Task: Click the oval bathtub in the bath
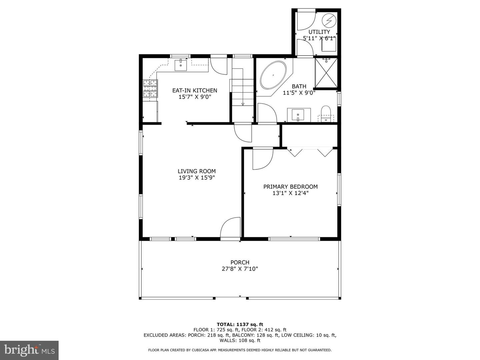pyautogui.click(x=273, y=75)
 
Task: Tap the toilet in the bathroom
pyautogui.click(x=326, y=113)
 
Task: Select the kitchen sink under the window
pyautogui.click(x=181, y=64)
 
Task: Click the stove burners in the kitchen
pyautogui.click(x=150, y=89)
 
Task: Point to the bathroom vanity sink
pyautogui.click(x=298, y=115)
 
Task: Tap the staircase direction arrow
pyautogui.click(x=243, y=104)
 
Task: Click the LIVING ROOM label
pyautogui.click(x=197, y=171)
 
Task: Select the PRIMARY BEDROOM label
pyautogui.click(x=290, y=187)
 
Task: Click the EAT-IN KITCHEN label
pyautogui.click(x=195, y=90)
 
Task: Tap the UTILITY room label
pyautogui.click(x=319, y=32)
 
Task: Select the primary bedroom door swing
pyautogui.click(x=262, y=159)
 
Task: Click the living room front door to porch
pyautogui.click(x=230, y=228)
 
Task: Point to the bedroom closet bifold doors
pyautogui.click(x=310, y=152)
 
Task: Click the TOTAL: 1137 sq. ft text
pyautogui.click(x=240, y=324)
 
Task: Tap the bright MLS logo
pyautogui.click(x=29, y=350)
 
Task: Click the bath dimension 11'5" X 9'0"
pyautogui.click(x=299, y=93)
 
